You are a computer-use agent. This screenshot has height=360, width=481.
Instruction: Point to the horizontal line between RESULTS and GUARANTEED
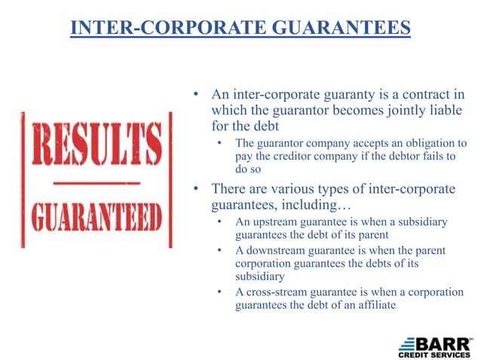95,183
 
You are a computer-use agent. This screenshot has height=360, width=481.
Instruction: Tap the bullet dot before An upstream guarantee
219,222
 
